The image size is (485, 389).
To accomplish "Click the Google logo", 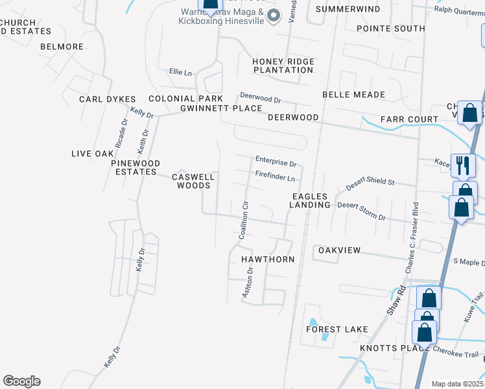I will click(x=21, y=381).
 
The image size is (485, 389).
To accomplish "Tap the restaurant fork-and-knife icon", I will click(x=463, y=166).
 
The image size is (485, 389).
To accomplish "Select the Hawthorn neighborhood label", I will click(x=268, y=259).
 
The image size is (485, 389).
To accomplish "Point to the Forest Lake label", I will click(x=337, y=329).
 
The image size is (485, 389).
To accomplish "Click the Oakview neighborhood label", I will click(x=338, y=250).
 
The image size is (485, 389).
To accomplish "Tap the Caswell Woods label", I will click(x=194, y=181).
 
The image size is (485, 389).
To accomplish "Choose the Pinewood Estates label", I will click(x=136, y=167).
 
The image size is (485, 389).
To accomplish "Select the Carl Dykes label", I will click(x=107, y=99).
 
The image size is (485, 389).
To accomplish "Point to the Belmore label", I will click(x=62, y=47).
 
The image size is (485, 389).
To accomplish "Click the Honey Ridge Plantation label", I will click(x=283, y=65).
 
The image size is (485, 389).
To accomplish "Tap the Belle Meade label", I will click(x=353, y=95).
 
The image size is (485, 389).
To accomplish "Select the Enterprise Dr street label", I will click(x=276, y=159).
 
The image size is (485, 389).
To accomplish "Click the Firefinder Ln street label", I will click(x=275, y=175).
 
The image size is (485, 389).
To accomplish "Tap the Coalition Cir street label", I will click(x=244, y=220).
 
